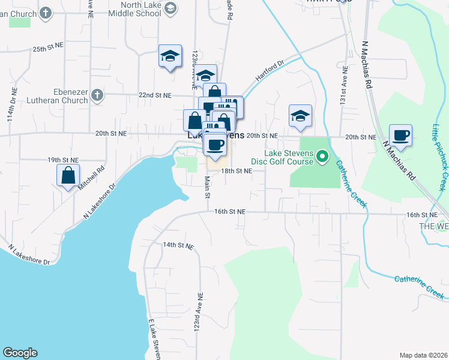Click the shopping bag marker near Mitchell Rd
coord(68,176)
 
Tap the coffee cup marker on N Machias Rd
coord(400,135)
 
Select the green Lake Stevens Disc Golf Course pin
coord(322,157)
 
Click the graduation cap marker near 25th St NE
coord(170,56)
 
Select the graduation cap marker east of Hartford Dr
coord(300,116)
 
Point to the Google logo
coord(20,353)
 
